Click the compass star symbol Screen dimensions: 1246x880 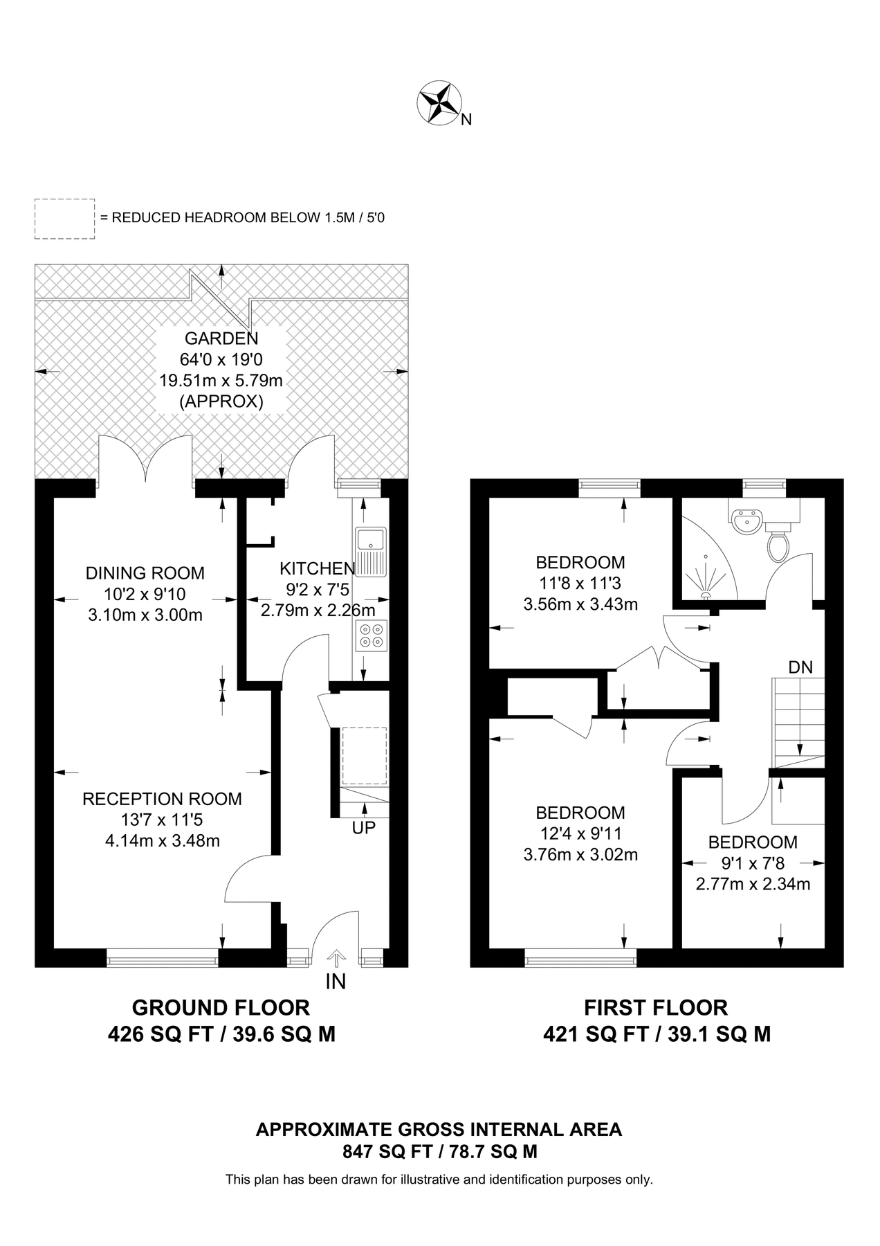coord(439,103)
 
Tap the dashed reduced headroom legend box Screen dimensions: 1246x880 coord(64,219)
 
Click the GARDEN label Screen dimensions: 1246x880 coord(221,338)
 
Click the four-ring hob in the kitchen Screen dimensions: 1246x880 coord(372,635)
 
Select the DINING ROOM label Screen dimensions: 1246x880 coord(145,573)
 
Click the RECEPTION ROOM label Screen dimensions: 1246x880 coord(162,799)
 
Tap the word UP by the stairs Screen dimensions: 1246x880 coord(364,827)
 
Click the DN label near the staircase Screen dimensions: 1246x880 coord(800,667)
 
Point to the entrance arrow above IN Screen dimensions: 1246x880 coord(336,958)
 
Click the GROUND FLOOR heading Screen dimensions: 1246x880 coord(221,1007)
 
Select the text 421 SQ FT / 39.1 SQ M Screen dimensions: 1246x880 coord(656,1034)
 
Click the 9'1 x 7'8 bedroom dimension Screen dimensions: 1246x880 coord(752,863)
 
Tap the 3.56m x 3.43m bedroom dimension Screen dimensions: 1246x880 coord(580,604)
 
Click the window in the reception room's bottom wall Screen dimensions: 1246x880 coord(162,961)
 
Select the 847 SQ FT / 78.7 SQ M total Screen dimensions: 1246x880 coord(439,1152)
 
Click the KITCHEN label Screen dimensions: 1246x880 coord(317,569)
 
